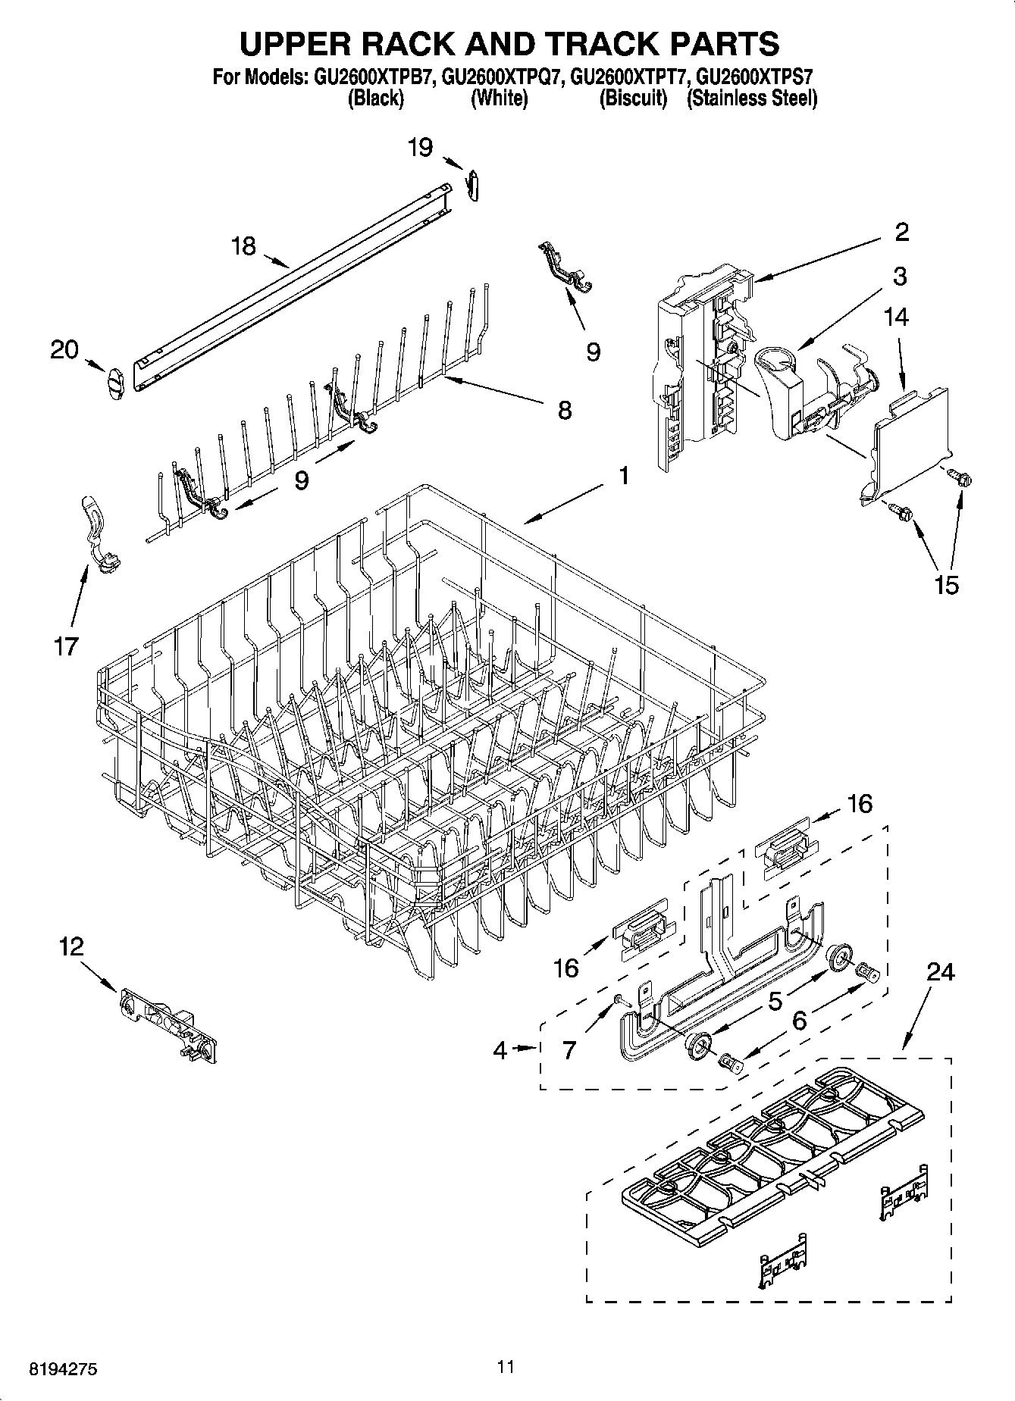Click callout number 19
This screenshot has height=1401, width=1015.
tap(420, 147)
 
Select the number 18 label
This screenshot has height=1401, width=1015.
tap(243, 246)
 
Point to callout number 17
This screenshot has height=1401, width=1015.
tap(66, 646)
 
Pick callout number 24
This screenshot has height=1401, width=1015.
tap(940, 972)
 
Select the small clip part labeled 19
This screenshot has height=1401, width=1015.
tap(474, 186)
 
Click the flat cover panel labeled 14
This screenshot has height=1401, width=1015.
tap(910, 439)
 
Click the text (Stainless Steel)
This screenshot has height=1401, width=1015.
tap(751, 99)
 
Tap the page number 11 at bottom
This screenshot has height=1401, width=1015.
tap(506, 1367)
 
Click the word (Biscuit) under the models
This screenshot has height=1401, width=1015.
tap(633, 99)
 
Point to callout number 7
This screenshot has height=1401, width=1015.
tap(569, 1050)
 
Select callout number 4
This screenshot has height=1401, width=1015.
tap(500, 1050)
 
